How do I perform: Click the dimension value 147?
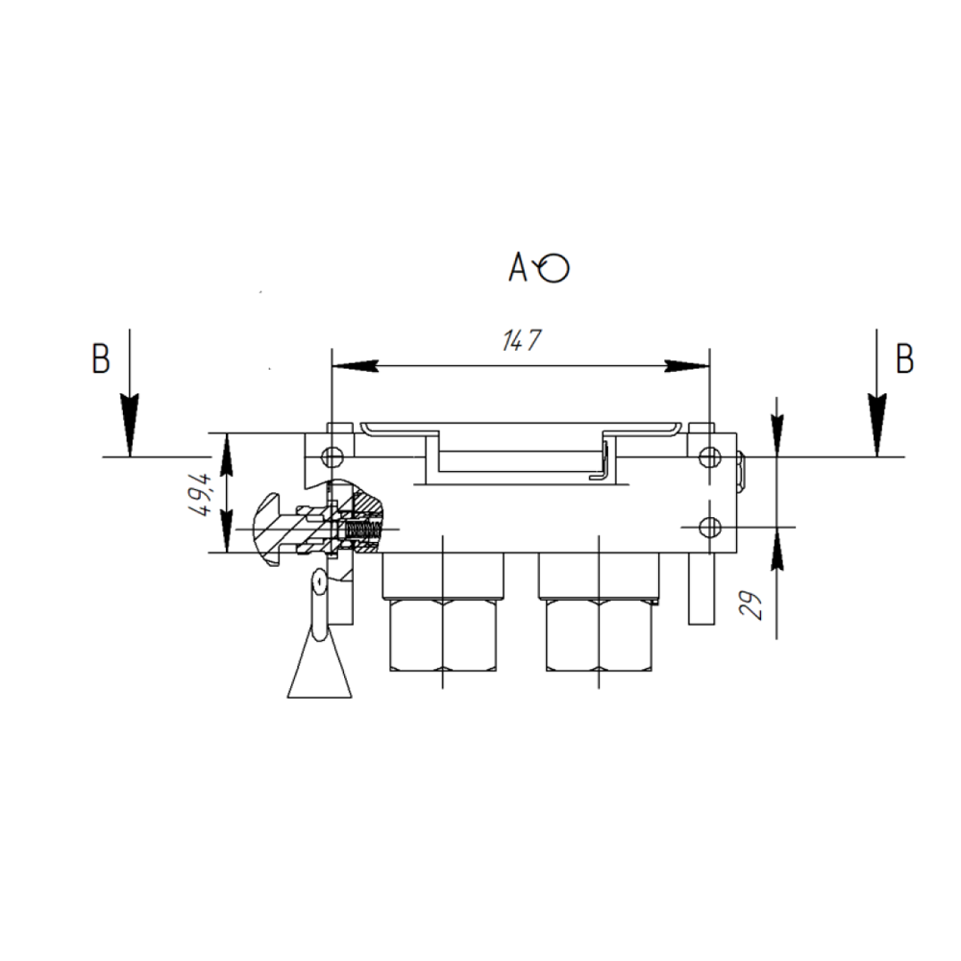tap(522, 341)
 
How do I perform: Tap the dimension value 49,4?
tap(203, 494)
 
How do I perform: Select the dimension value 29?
tap(752, 604)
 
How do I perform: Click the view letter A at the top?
tap(518, 267)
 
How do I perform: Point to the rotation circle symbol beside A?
tap(554, 268)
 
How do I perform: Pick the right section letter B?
tap(904, 358)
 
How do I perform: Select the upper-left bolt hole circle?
tap(333, 456)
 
